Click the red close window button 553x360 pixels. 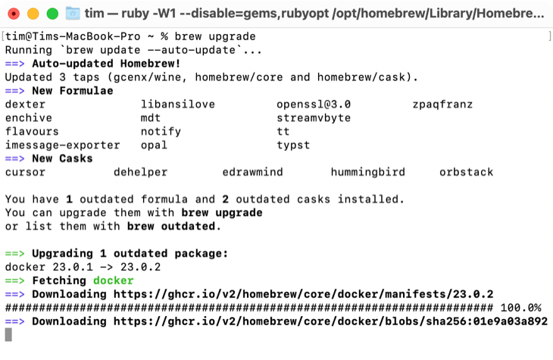click(x=14, y=14)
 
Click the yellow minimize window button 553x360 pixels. click(x=33, y=14)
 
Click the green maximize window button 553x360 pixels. click(x=52, y=14)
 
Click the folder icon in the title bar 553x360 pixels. click(x=73, y=14)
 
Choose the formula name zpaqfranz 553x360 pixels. click(x=442, y=105)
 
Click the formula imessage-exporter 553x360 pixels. click(x=62, y=146)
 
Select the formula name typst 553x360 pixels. click(x=293, y=146)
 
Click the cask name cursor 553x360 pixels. click(x=25, y=173)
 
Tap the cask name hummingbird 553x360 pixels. click(x=367, y=173)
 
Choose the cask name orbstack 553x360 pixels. click(x=466, y=173)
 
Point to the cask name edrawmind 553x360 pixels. click(x=252, y=173)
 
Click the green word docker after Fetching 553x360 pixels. click(x=113, y=280)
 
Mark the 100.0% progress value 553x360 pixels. click(x=520, y=308)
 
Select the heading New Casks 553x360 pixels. click(x=62, y=159)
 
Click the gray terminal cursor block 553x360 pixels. click(x=8, y=334)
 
